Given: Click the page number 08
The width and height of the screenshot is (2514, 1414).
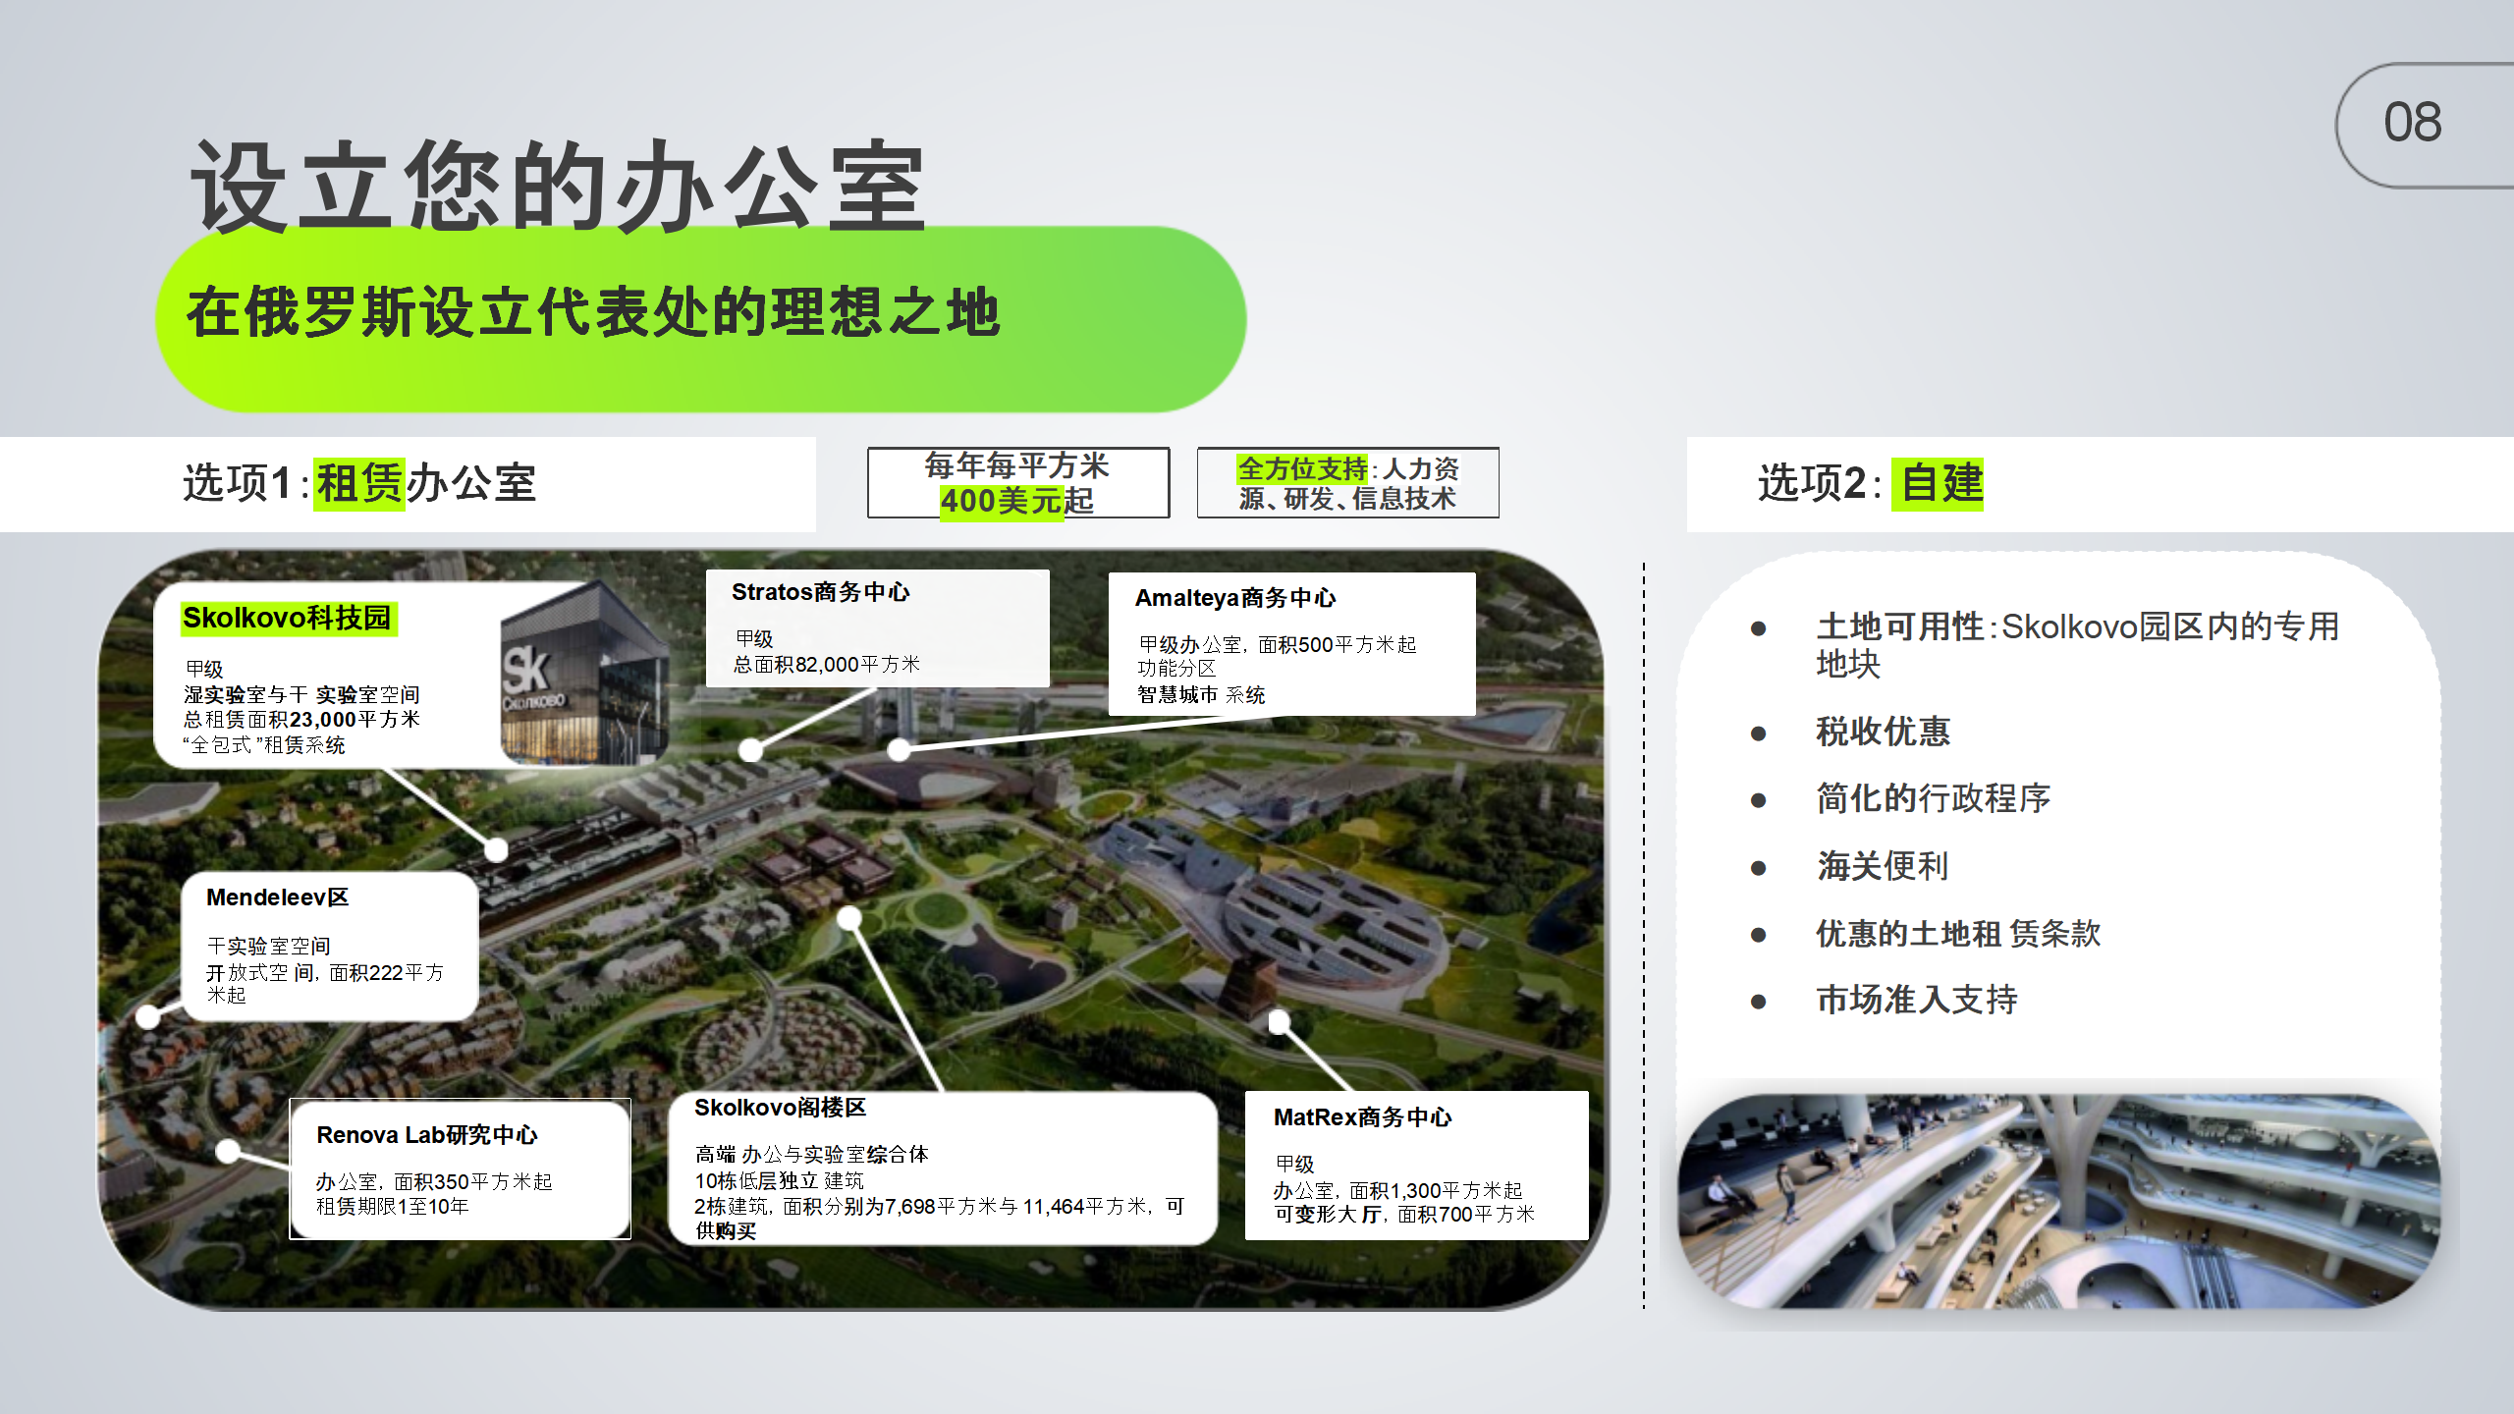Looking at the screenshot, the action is [x=2412, y=123].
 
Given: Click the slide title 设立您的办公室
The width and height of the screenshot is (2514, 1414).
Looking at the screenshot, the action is [x=558, y=187].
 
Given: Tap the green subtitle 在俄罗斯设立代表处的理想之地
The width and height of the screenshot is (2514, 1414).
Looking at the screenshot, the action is [x=593, y=312].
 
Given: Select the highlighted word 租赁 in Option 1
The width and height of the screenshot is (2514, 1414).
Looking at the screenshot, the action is [x=359, y=483].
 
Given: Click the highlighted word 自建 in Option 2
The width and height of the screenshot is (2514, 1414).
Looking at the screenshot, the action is [x=1941, y=483].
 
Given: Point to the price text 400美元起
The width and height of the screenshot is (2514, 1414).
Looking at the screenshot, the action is [x=1016, y=501].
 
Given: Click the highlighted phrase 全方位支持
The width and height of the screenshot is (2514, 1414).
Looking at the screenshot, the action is [x=1302, y=468].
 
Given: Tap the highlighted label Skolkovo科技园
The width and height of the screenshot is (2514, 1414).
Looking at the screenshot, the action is [x=287, y=618].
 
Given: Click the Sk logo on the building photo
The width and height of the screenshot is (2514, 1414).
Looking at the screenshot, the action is [x=525, y=672].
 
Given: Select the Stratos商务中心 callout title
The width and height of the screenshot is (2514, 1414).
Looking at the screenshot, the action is [x=821, y=592].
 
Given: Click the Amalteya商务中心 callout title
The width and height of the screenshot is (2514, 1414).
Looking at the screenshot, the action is [x=1235, y=598].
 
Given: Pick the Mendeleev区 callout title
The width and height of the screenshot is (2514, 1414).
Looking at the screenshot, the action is [x=277, y=897].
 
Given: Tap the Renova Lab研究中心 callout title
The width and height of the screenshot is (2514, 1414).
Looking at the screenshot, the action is [x=427, y=1135].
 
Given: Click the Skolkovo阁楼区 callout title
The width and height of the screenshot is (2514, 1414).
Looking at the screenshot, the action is [x=780, y=1108].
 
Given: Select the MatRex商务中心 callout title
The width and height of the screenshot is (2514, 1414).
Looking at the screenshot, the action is [x=1362, y=1117].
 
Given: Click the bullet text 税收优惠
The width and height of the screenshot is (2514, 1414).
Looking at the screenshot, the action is [x=1883, y=732].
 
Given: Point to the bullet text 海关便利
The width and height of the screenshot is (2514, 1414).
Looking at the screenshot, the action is [x=1883, y=866].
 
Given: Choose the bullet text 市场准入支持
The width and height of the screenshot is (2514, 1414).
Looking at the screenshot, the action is [x=1917, y=1000].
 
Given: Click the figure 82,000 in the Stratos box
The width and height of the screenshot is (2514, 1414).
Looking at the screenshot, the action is [x=827, y=665].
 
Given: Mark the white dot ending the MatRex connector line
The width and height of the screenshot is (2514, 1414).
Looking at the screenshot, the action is [x=1279, y=1022].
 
